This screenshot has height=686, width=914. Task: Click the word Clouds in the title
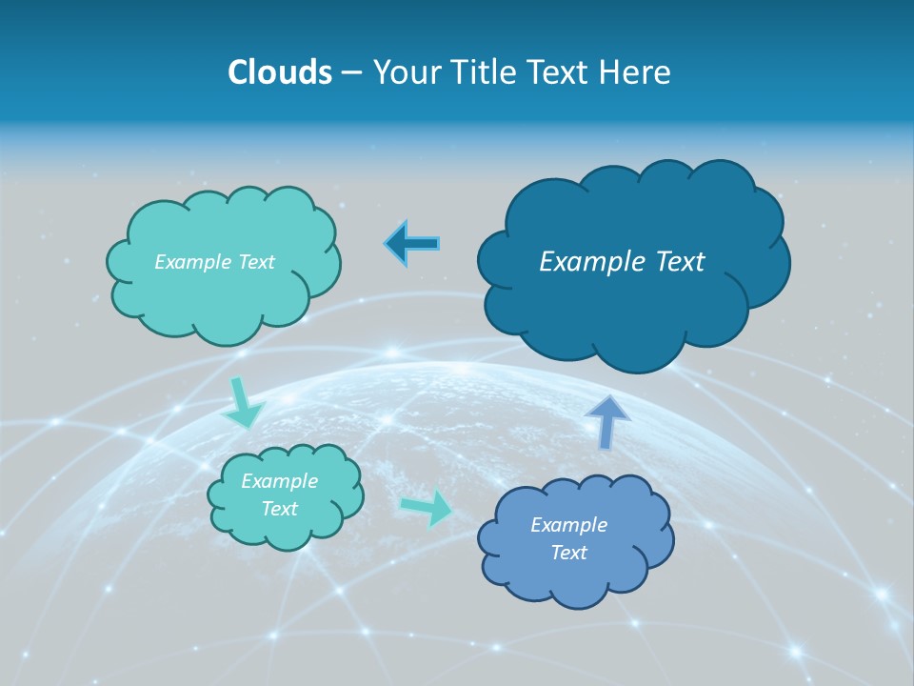coord(279,72)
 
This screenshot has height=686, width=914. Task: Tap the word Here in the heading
coord(635,72)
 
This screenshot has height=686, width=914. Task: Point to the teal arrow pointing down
coord(245,404)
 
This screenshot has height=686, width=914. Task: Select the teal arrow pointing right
coord(427,508)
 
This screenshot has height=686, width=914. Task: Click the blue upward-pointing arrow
coord(606,420)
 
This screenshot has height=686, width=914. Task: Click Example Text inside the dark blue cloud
coord(622,261)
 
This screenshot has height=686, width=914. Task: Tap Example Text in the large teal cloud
coord(214,262)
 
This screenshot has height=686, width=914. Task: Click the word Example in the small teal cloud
coord(279,481)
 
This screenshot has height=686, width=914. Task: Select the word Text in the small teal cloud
coord(279,509)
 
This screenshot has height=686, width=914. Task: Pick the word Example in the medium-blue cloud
coord(568,525)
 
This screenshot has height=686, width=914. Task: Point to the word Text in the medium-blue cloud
coord(568,553)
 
